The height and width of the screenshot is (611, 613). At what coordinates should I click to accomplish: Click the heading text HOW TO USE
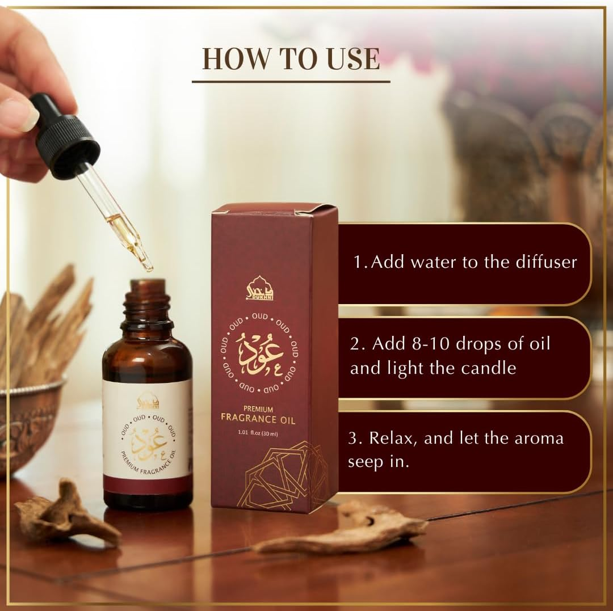tap(291, 59)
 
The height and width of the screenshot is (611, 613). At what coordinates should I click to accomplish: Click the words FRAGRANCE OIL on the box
tap(258, 420)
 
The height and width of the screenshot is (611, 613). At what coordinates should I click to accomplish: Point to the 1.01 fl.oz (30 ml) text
tap(258, 434)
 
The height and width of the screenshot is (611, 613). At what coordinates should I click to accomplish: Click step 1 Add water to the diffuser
tap(465, 262)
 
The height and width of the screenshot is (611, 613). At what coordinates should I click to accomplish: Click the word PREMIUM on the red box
tap(258, 408)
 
